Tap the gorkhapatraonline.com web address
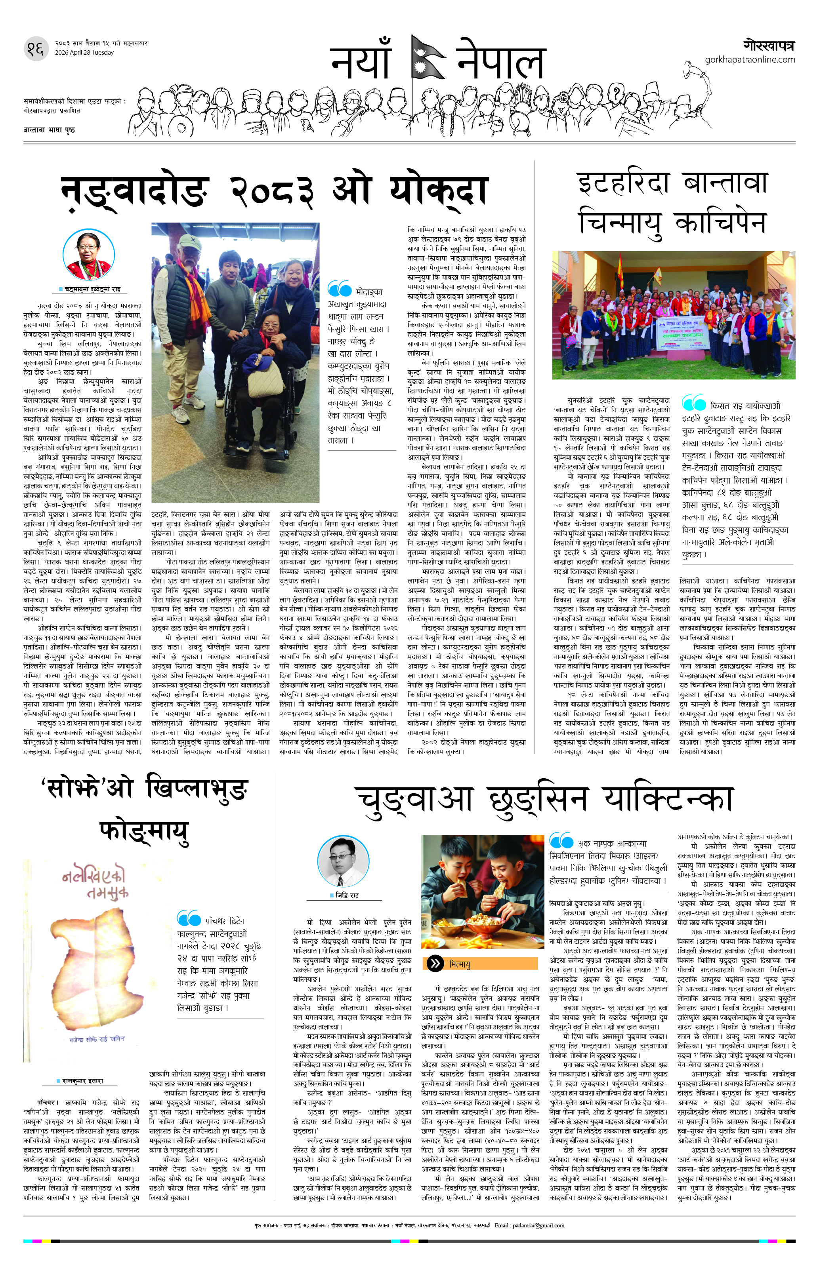click(750, 59)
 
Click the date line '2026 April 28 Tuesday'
click(84, 53)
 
